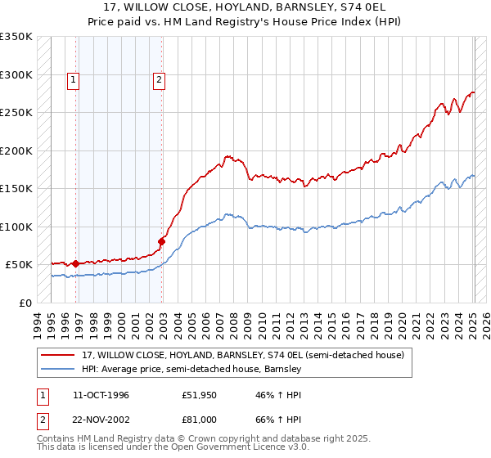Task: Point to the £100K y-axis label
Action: point(16,227)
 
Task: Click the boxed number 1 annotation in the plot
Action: point(74,80)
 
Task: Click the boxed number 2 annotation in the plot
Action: point(158,80)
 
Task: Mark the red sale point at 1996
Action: point(76,263)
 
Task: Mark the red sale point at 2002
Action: point(162,241)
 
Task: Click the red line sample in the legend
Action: point(57,356)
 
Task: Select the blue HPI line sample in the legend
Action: point(57,369)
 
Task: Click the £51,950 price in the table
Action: point(199,395)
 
